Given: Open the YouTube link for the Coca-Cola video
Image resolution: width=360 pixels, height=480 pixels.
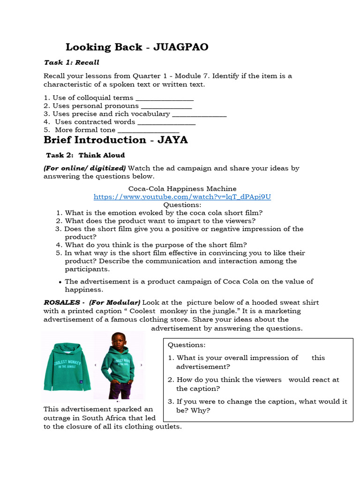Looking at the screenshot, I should click(182, 197).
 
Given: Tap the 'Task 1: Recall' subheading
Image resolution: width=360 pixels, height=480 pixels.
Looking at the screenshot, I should click(71, 62).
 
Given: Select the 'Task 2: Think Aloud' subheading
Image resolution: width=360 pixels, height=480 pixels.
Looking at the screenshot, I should click(85, 155).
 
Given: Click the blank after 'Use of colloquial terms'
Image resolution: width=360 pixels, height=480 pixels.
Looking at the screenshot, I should click(164, 98).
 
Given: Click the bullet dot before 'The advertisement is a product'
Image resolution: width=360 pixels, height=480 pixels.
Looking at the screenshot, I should click(60, 282).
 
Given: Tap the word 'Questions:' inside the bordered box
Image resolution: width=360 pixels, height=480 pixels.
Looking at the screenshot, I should click(187, 345).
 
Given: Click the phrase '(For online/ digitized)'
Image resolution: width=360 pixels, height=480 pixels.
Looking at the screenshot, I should click(84, 168).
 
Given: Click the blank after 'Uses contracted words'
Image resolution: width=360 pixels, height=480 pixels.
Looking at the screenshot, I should click(166, 122).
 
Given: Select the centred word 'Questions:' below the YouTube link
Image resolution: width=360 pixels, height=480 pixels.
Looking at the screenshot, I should click(182, 205).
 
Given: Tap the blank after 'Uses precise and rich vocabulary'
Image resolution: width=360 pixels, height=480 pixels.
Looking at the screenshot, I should click(199, 114).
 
